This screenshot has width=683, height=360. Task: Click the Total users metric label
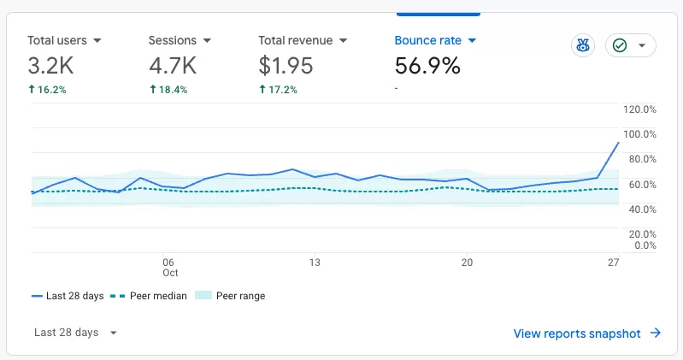point(57,40)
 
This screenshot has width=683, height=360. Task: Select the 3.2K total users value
point(50,66)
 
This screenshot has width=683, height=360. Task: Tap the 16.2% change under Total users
point(47,90)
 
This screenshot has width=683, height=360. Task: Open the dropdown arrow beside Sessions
point(207,40)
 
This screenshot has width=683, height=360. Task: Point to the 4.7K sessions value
point(173,66)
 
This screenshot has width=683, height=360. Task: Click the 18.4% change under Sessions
point(168,90)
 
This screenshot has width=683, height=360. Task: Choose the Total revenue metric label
point(295,40)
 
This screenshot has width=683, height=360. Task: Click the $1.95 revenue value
point(286,66)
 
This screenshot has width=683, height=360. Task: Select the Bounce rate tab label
point(427,40)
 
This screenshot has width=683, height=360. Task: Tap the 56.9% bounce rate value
point(427,66)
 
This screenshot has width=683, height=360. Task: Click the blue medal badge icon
point(583,45)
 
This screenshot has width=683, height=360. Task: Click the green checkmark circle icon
point(620,45)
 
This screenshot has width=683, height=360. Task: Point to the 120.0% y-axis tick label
point(639,109)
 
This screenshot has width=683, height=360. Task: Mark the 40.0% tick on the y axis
point(643,210)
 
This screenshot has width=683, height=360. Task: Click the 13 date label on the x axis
point(315,263)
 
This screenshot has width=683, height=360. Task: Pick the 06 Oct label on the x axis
point(170,268)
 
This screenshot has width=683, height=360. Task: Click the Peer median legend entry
point(149,296)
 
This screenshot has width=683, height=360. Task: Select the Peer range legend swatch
point(203,296)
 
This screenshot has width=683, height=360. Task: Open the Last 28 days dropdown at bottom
point(75,333)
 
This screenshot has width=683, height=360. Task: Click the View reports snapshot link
point(587,333)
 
